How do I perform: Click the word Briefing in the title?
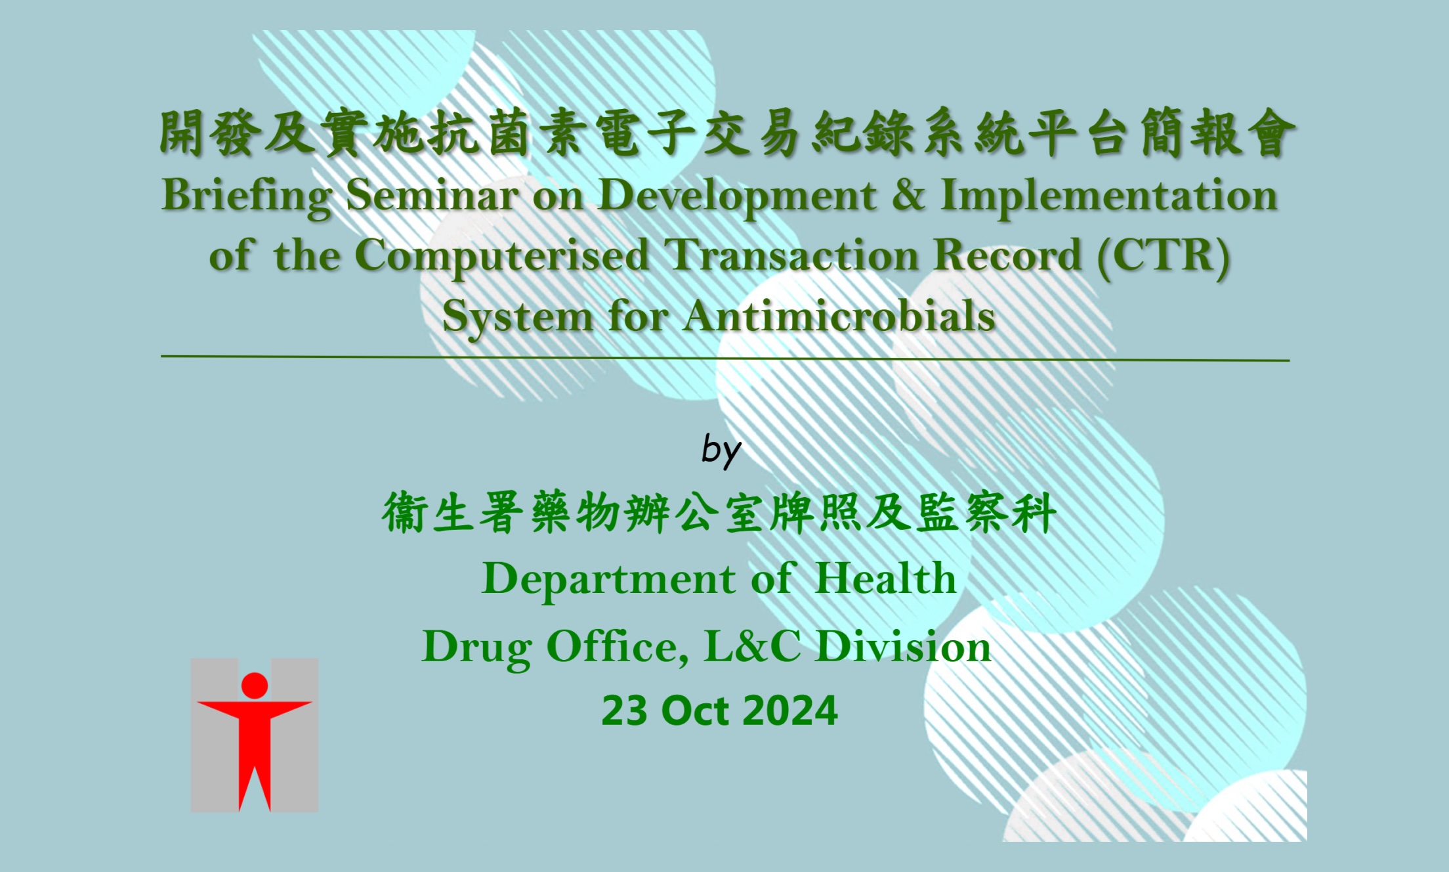(x=246, y=196)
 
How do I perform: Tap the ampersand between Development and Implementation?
(x=908, y=196)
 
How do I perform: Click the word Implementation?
(x=1109, y=196)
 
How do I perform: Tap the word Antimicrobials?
(x=839, y=316)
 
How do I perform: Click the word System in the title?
(x=517, y=317)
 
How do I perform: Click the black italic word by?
(x=721, y=450)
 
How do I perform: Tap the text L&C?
(x=752, y=646)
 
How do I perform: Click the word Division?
(x=904, y=646)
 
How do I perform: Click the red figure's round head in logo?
(x=255, y=685)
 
